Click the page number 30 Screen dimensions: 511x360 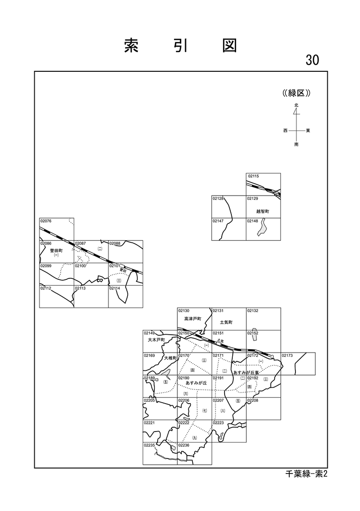click(x=312, y=60)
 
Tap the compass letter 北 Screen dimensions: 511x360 click(x=296, y=105)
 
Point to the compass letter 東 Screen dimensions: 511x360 click(x=307, y=131)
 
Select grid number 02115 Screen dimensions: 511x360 click(x=253, y=176)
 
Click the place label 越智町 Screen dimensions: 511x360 click(x=263, y=211)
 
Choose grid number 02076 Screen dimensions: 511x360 click(x=46, y=221)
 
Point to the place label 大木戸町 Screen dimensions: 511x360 click(x=156, y=340)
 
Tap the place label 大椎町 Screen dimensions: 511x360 click(x=171, y=358)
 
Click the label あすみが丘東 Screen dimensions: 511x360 click(x=246, y=372)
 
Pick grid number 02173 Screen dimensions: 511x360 click(x=287, y=355)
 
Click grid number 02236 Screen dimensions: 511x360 click(x=184, y=445)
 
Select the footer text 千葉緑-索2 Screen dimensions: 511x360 click(x=306, y=474)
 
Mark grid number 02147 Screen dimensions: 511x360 click(x=218, y=221)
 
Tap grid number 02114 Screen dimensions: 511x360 click(x=115, y=288)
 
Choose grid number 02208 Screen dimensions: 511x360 click(x=253, y=400)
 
